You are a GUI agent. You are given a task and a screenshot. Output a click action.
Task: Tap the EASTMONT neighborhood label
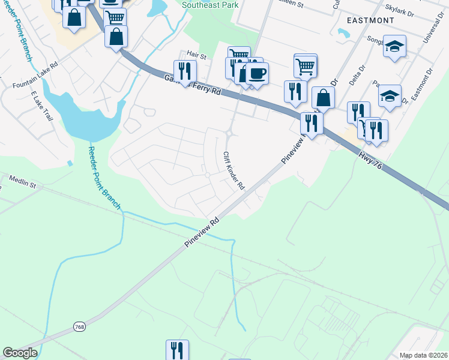[370, 20]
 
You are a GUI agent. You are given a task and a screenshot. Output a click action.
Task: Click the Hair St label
[196, 56]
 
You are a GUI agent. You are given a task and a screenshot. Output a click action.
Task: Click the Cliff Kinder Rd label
[234, 170]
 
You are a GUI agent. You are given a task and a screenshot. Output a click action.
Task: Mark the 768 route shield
[79, 326]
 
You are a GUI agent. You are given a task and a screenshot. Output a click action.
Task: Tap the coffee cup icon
[257, 73]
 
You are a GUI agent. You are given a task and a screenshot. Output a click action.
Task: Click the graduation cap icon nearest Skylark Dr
[394, 46]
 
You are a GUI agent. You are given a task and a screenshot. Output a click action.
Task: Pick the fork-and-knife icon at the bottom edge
[177, 350]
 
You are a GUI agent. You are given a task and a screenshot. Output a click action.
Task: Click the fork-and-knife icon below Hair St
[185, 71]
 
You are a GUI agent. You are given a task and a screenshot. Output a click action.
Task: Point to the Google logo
[20, 353]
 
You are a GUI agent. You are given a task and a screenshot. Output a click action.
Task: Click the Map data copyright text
[423, 355]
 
